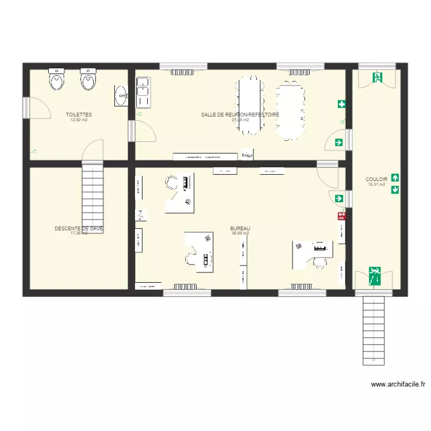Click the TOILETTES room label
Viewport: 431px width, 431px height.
(79, 115)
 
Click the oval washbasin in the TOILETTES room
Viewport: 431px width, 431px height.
(121, 96)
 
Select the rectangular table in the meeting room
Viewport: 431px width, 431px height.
(249, 106)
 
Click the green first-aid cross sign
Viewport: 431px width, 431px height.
(342, 104)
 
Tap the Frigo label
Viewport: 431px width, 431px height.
(247, 155)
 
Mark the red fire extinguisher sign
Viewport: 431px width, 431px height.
(342, 217)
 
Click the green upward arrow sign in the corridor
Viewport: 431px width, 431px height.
(395, 178)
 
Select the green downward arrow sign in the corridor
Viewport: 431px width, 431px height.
(395, 189)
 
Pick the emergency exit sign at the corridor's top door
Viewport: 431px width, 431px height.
(377, 78)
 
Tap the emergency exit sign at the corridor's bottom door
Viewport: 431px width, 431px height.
(375, 275)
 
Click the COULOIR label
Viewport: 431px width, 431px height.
(376, 179)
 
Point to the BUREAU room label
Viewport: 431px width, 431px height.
(240, 228)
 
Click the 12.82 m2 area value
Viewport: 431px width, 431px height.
(79, 120)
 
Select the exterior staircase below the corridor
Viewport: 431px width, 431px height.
(374, 330)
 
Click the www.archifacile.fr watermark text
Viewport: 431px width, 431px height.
(398, 384)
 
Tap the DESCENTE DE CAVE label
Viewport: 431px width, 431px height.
(79, 228)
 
